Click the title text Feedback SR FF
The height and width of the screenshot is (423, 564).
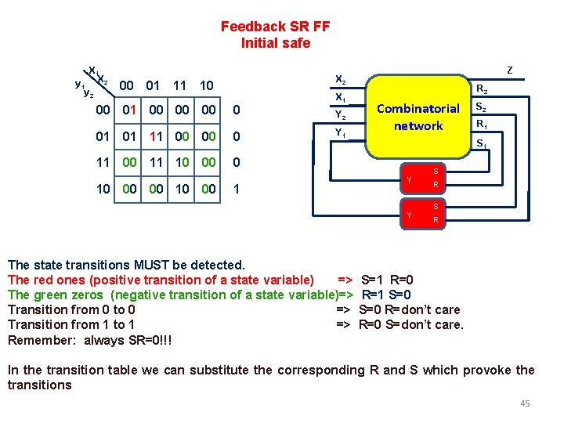[275, 27]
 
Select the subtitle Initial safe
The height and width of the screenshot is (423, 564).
[275, 43]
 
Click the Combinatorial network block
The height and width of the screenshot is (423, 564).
[418, 117]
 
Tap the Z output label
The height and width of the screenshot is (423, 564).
[510, 70]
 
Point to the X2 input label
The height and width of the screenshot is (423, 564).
[340, 79]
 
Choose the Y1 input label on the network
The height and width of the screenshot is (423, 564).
[340, 132]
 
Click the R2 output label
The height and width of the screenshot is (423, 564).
[483, 89]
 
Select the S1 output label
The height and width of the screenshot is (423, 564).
[483, 144]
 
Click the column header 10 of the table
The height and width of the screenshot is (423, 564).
[207, 85]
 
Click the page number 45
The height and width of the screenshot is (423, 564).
[525, 403]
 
